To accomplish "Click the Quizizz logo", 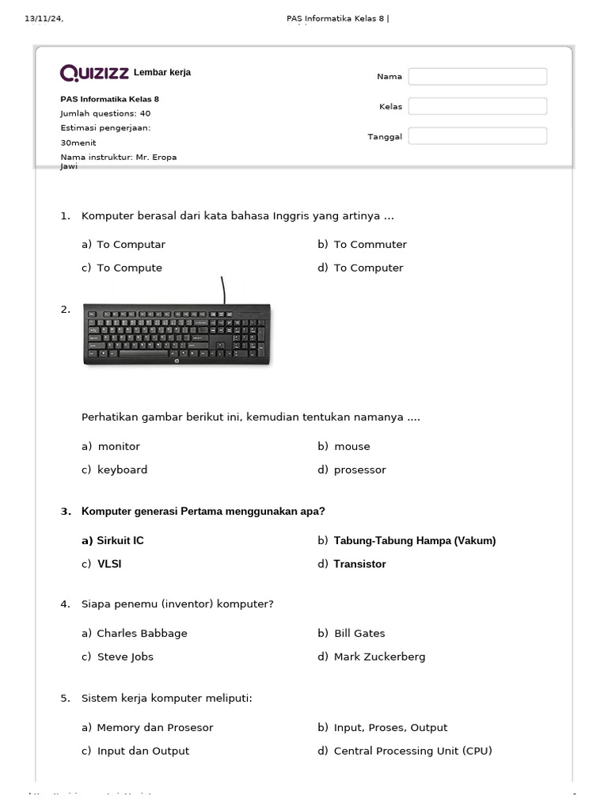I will coord(94,73).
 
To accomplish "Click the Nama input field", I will coord(477,77).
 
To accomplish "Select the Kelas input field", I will coord(477,106).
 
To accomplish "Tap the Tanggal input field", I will coord(477,136).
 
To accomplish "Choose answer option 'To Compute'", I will coord(129,268).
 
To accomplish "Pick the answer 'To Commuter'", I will coord(370,245).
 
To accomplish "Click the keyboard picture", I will coord(177,335).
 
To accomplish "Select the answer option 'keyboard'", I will coord(122,470).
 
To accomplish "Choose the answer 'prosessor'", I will coord(359,470).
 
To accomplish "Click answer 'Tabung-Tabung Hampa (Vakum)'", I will coord(414,541).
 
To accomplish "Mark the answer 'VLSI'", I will coord(109,564).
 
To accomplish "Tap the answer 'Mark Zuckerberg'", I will coord(379,657).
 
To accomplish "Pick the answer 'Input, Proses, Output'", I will coord(390,728).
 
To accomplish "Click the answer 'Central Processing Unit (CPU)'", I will coord(412,751).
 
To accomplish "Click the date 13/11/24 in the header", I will coord(44,19).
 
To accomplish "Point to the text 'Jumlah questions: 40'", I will coord(105,113).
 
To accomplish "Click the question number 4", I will coord(65,604).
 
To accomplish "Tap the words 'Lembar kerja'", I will coord(162,73).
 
